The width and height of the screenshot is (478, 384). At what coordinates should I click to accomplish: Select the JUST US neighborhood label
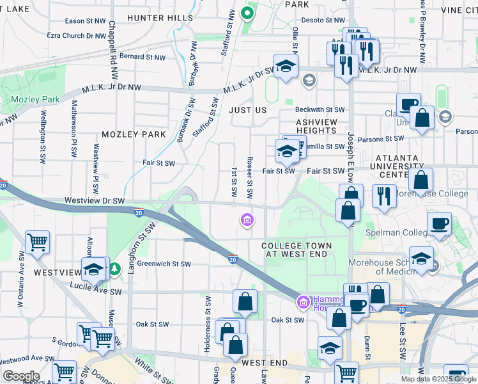pos(247,110)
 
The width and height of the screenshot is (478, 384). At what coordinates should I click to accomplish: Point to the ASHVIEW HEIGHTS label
pos(316,125)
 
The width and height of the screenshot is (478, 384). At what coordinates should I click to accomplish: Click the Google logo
pos(20,376)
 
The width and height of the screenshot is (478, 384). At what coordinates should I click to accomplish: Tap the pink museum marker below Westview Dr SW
pos(247,221)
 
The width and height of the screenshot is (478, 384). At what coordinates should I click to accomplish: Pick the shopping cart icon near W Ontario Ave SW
pos(37,243)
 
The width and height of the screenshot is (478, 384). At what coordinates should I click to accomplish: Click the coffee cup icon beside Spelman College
pos(439,224)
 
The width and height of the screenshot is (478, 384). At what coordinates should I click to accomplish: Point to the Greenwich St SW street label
pos(164,264)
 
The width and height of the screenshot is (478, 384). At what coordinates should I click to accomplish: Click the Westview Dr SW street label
pos(95,200)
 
